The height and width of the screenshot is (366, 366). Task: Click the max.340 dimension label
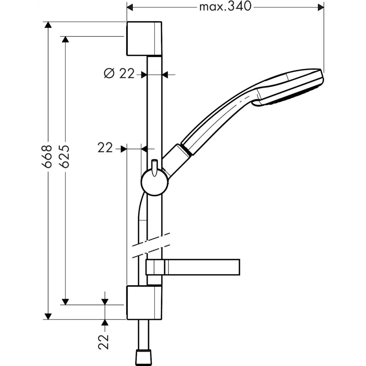[225, 6]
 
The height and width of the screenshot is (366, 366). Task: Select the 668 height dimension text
[47, 156]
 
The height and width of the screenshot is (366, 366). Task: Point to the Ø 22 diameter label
[119, 74]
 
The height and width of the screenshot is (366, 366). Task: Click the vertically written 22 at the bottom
[105, 341]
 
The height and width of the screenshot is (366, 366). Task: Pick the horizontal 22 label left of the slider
[105, 148]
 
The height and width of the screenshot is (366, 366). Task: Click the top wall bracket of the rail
[144, 38]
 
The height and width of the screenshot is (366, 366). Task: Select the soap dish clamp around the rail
[154, 267]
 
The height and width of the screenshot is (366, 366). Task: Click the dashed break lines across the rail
[151, 243]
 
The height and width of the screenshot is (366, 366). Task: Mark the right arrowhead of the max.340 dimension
[321, 7]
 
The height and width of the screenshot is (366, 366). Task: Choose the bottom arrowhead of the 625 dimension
[65, 301]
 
